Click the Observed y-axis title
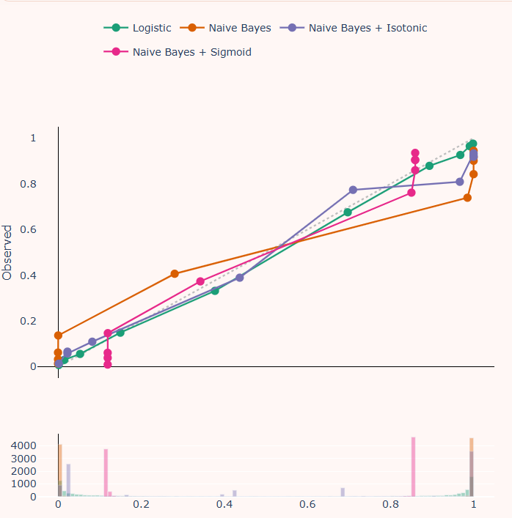point(8,253)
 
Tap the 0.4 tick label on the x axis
point(224,505)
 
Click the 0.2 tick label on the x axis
point(142,505)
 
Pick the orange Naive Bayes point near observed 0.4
point(175,274)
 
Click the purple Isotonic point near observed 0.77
point(353,190)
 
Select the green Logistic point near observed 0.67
point(348,212)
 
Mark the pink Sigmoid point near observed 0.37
point(200,281)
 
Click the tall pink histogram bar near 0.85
point(413,469)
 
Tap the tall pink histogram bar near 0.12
point(106,473)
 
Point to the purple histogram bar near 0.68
point(343,492)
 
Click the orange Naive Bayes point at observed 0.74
point(467,198)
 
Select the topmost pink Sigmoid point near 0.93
point(415,153)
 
